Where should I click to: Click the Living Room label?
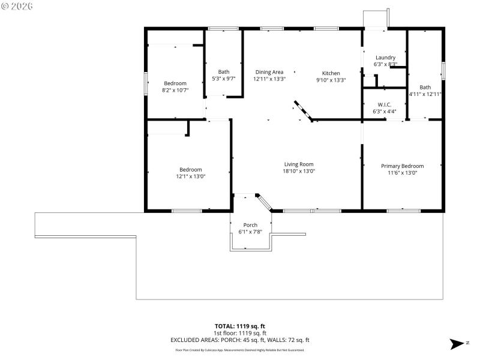click(299, 164)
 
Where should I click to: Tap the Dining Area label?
click(269, 71)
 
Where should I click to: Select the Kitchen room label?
click(331, 73)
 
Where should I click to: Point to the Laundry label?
click(385, 58)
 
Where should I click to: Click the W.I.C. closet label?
click(385, 104)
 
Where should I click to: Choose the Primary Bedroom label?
click(403, 166)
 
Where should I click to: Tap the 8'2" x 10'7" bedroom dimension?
click(175, 90)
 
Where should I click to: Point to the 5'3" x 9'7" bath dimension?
click(223, 79)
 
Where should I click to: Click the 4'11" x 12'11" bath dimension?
click(425, 94)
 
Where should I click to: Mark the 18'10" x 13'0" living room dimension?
click(299, 171)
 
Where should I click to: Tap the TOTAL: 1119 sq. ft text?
click(240, 326)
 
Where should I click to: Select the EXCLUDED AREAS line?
click(240, 340)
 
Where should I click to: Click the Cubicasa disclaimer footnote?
click(240, 350)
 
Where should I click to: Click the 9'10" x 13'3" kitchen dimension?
click(331, 80)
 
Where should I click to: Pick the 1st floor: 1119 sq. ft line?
click(240, 333)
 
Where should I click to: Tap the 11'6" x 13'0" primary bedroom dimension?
click(403, 173)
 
